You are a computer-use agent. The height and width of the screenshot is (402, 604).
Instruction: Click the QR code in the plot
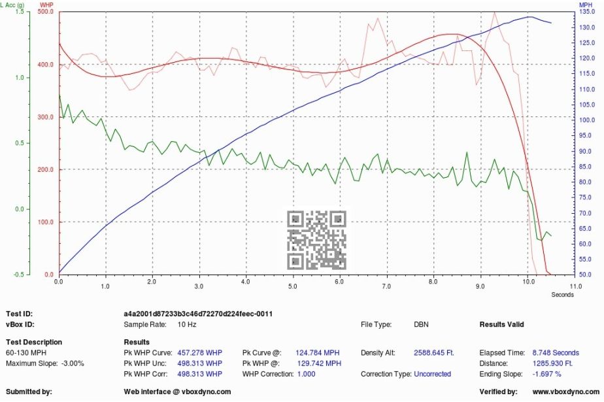pos(317,240)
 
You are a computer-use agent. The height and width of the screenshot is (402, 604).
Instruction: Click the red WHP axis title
pos(47,5)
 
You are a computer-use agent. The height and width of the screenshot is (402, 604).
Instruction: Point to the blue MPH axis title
pos(586,5)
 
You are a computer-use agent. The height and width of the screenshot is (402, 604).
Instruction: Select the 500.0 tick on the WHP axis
pos(46,12)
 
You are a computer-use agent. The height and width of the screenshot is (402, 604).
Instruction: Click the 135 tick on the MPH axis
pos(586,12)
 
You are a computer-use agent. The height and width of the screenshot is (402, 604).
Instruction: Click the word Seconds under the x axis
pos(562,294)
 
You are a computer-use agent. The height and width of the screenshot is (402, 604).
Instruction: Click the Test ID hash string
pos(198,314)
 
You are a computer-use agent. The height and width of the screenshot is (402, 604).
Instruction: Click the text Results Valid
pos(501,324)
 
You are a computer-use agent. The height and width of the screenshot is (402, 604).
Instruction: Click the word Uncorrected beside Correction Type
pos(433,374)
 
